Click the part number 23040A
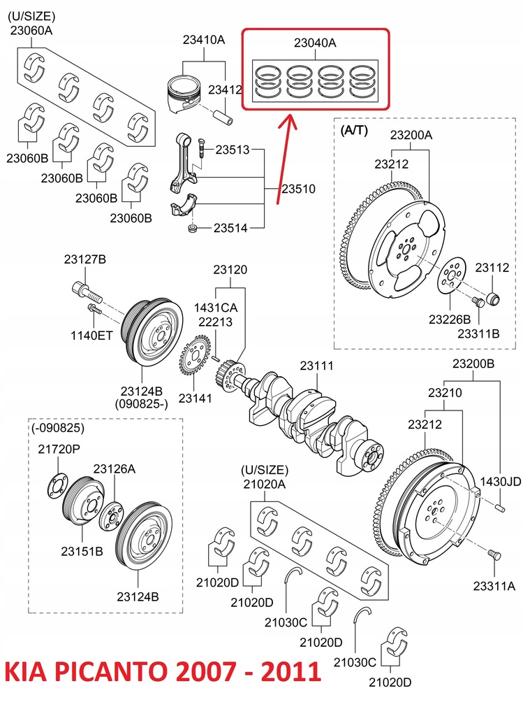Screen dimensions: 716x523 [314, 43]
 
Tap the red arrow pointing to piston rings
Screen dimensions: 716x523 [282, 161]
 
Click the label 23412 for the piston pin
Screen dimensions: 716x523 [226, 89]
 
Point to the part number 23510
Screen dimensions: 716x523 [298, 189]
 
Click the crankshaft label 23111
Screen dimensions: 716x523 [316, 366]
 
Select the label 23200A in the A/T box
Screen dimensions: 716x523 [411, 135]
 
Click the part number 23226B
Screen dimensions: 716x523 [450, 319]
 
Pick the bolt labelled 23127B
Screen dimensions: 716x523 [80, 288]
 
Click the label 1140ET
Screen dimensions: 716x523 [91, 336]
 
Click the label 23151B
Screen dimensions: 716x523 [82, 551]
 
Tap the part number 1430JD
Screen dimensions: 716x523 [500, 481]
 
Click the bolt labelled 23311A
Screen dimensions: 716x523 [494, 555]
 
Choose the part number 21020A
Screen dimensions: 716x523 [264, 483]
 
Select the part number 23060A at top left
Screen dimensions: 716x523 [31, 30]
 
